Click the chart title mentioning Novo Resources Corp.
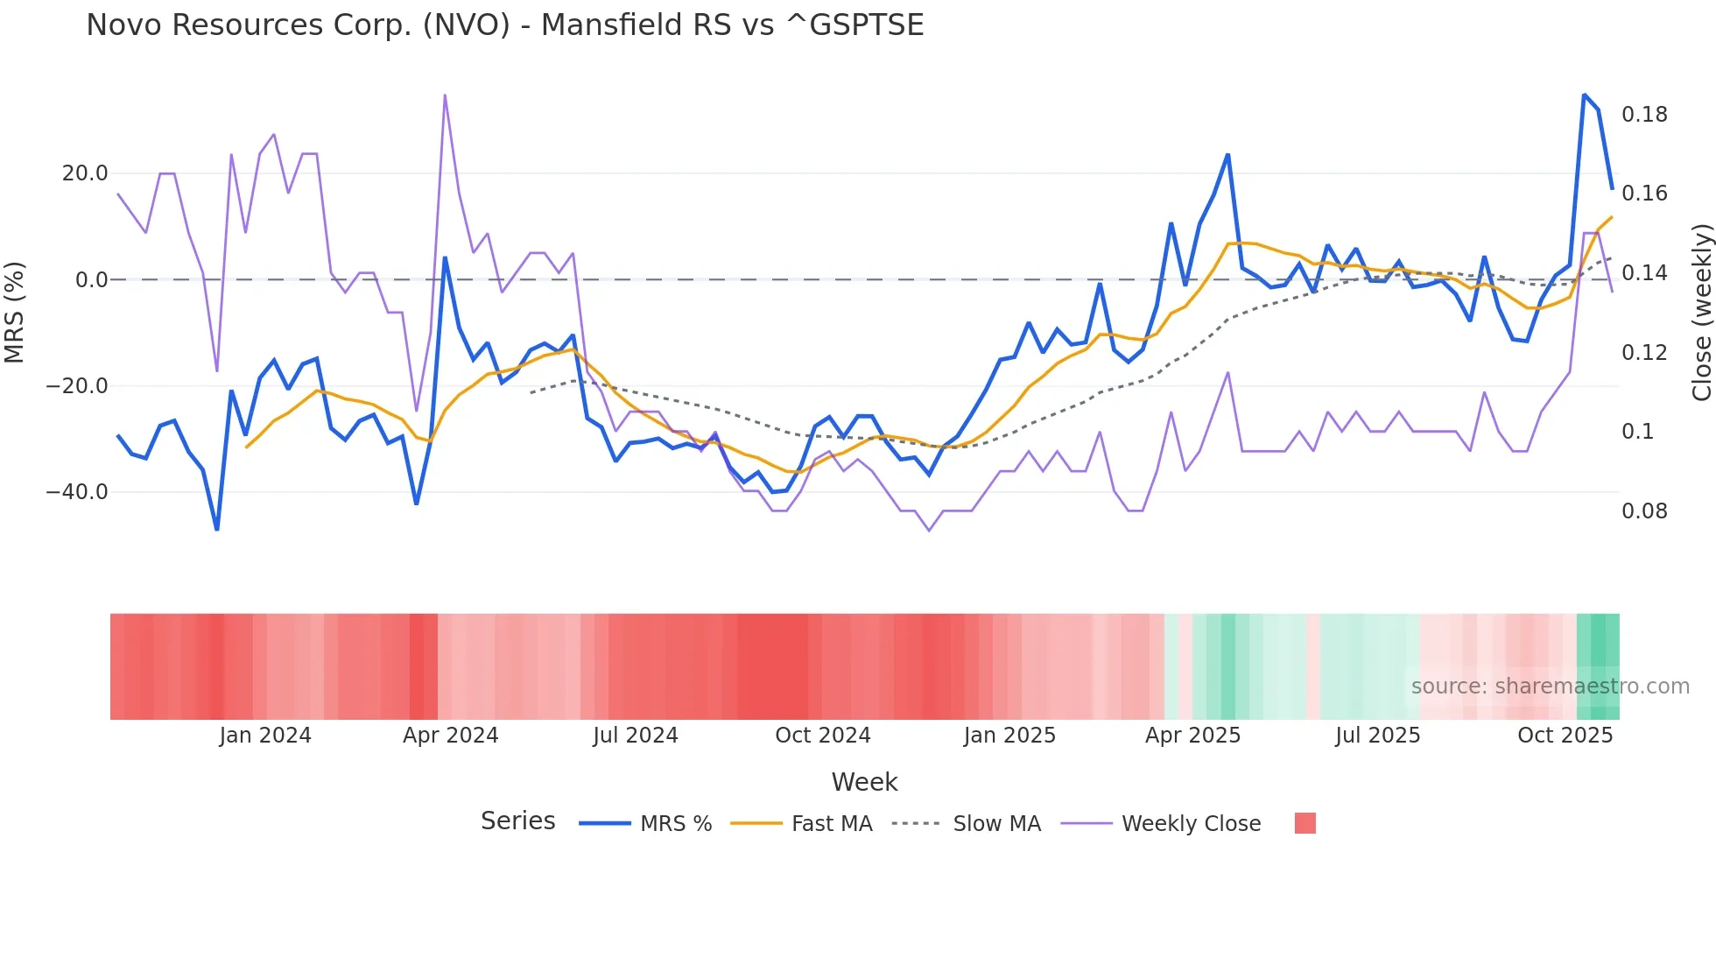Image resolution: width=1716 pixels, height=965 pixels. pos(504,25)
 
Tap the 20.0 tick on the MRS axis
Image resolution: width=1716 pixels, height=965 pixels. pos(85,173)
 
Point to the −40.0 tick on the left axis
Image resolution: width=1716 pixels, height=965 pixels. pos(77,492)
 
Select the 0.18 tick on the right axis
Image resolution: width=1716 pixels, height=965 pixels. pos(1644,115)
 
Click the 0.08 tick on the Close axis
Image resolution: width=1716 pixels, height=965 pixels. pos(1644,511)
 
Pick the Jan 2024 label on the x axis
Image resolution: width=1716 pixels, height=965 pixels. pos(264,736)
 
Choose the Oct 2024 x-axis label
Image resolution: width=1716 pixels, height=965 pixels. pos(822,736)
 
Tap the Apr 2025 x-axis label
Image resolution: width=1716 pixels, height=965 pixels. pos(1192,736)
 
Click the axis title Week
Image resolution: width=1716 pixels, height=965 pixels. pos(864,782)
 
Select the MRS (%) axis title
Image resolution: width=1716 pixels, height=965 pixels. pos(15,312)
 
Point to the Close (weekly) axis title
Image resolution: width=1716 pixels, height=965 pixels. pos(1701,312)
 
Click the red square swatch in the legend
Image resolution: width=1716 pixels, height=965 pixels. pos(1305,823)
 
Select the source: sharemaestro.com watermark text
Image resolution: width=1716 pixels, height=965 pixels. pos(1550,687)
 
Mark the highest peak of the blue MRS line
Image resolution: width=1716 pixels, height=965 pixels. pos(1584,95)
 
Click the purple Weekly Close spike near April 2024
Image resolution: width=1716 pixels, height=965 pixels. pos(445,95)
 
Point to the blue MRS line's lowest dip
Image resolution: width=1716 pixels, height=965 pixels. pos(217,529)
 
